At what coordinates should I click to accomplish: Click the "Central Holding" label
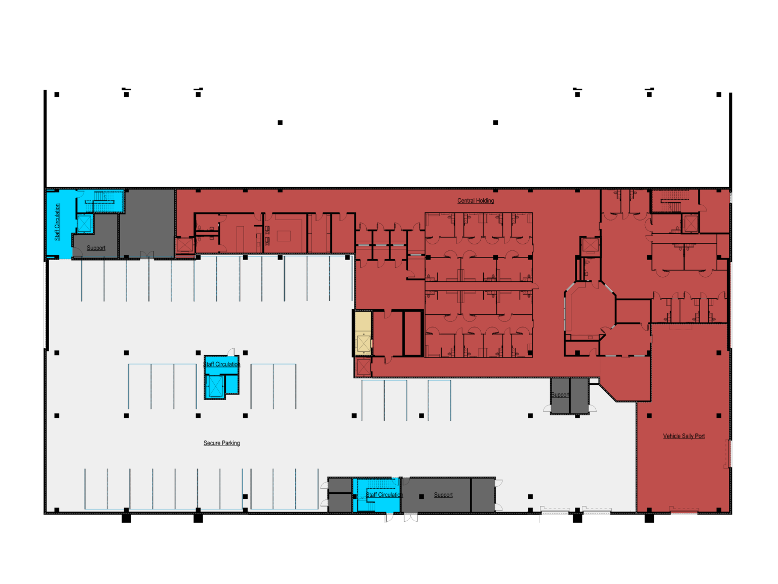475,201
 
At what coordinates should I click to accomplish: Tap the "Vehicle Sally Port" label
683,436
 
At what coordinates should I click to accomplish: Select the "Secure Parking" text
221,443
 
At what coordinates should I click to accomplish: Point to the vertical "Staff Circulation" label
57,223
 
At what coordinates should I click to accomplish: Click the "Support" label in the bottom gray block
443,495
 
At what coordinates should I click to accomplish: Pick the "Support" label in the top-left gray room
96,248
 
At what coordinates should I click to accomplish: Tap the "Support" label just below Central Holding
560,394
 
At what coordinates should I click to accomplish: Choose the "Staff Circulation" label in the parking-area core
221,364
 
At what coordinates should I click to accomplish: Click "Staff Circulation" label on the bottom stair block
384,495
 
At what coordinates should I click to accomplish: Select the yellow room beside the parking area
363,333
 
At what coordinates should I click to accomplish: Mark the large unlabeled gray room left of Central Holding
147,223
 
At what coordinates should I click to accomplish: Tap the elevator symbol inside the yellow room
363,343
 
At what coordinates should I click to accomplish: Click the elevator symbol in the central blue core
215,386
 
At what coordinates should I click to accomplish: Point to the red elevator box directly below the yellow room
363,367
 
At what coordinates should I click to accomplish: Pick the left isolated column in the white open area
280,123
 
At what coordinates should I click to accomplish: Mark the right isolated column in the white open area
495,123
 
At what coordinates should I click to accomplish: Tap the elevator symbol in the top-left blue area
85,224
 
